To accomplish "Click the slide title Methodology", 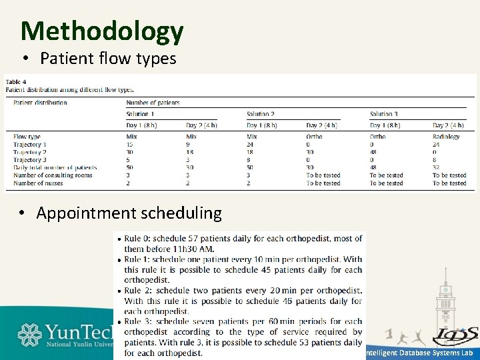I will click(101, 31).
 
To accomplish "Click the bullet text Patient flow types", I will click(108, 59).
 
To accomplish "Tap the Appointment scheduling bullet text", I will click(129, 213).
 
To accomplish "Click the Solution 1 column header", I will click(138, 115).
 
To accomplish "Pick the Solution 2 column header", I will click(261, 115).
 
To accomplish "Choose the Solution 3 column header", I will click(384, 115).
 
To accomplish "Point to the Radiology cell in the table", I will click(446, 137).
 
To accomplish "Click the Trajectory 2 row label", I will click(30, 152).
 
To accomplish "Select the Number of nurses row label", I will click(38, 183).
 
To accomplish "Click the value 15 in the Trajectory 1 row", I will click(130, 145).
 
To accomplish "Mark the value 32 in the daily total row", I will click(436, 168).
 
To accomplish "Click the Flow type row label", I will click(27, 137).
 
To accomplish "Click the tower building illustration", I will click(444, 303).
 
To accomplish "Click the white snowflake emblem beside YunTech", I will click(30, 335).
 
